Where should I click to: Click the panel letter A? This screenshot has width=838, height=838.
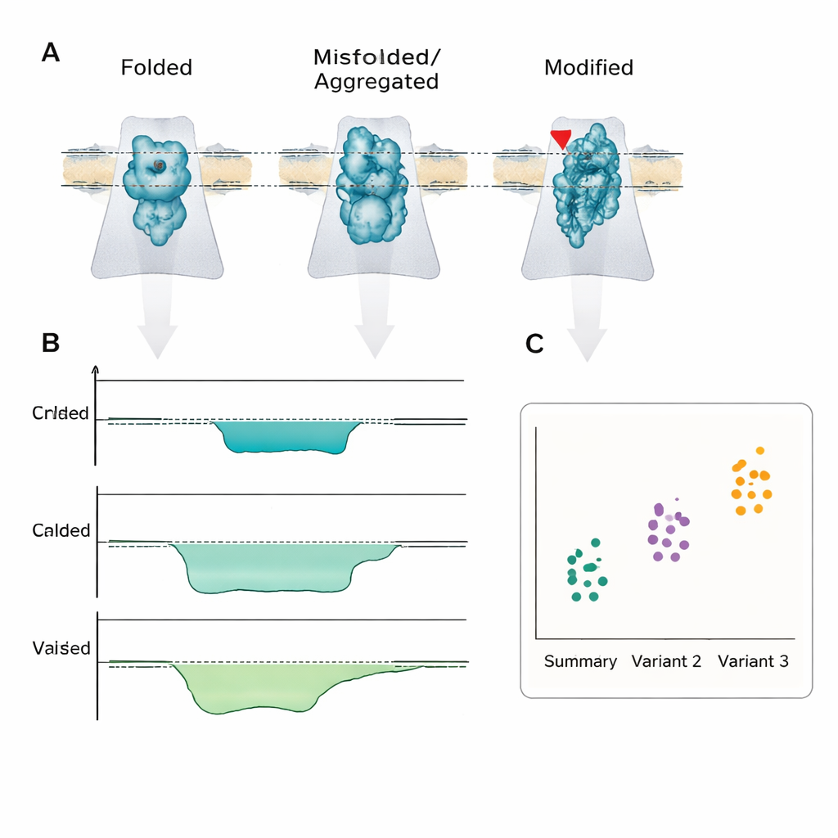click(x=51, y=53)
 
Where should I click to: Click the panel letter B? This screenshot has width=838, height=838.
click(x=51, y=343)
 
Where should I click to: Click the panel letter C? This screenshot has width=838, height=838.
click(x=534, y=345)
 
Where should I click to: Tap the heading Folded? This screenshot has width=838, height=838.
click(x=156, y=67)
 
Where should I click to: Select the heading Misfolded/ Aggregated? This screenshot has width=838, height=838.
click(x=376, y=70)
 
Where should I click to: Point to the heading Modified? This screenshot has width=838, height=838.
click(x=589, y=67)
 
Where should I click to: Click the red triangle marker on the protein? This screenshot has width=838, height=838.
click(x=561, y=138)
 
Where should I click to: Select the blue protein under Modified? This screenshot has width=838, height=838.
click(x=588, y=187)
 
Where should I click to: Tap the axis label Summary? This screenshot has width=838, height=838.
click(x=580, y=661)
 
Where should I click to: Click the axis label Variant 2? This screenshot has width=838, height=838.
click(x=666, y=661)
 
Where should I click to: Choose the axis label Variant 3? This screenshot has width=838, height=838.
click(x=753, y=661)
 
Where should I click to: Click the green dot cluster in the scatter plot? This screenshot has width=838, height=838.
click(x=588, y=570)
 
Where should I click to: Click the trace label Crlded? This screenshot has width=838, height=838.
click(x=61, y=413)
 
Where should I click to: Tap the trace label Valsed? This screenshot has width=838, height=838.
click(x=61, y=648)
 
